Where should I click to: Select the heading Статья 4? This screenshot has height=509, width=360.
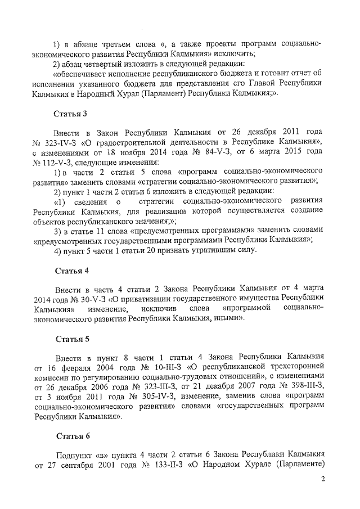pos(71,271)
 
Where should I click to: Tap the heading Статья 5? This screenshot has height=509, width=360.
pos(71,340)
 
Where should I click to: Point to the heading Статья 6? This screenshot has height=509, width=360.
pos(71,436)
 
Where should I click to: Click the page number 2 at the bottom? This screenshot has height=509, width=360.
pos(323,479)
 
